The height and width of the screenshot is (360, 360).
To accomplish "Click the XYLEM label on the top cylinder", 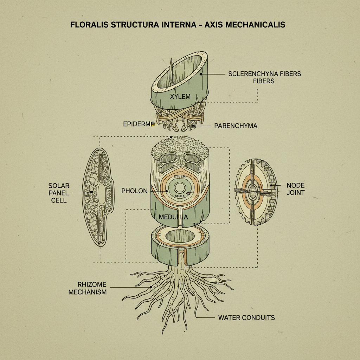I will pos(180,96).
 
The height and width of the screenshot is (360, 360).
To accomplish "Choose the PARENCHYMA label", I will pos(236,126).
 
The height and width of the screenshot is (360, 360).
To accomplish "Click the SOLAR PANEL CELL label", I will pos(59,193).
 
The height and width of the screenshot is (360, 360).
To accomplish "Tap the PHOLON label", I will pos(135,191).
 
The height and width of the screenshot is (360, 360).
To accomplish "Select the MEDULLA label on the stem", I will pos(173,217).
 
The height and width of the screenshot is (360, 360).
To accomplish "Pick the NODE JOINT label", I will pos(295,189).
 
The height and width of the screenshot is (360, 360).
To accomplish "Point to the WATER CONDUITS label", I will pos(246,317).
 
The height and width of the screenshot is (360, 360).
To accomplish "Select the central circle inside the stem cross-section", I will pos(180,187).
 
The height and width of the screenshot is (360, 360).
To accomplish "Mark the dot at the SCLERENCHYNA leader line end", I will pos(201,74).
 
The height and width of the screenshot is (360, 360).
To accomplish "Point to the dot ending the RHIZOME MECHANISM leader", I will pos(151,287).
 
